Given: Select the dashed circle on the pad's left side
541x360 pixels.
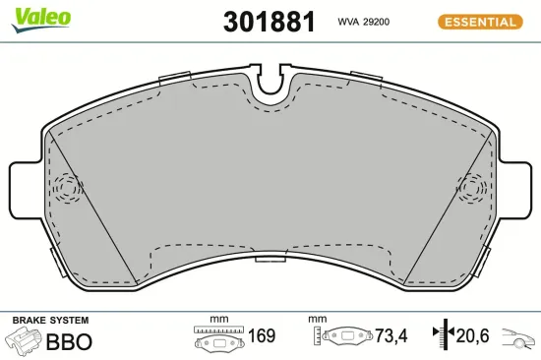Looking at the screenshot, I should click(68, 187).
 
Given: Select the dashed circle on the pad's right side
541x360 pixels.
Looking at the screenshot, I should click(473, 187).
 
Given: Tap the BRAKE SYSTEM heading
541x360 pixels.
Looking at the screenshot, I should click(49, 321).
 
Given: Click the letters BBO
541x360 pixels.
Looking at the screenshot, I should click(70, 341).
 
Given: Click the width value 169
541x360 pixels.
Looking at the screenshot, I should click(260, 336).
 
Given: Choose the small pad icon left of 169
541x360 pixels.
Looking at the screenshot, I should click(216, 338).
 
